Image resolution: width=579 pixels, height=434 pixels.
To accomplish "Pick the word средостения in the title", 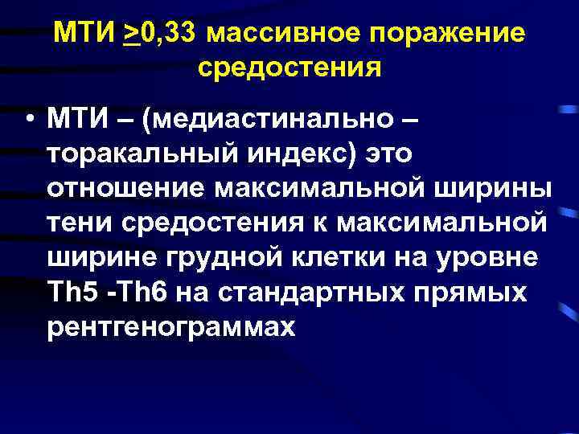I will click(289, 68).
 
